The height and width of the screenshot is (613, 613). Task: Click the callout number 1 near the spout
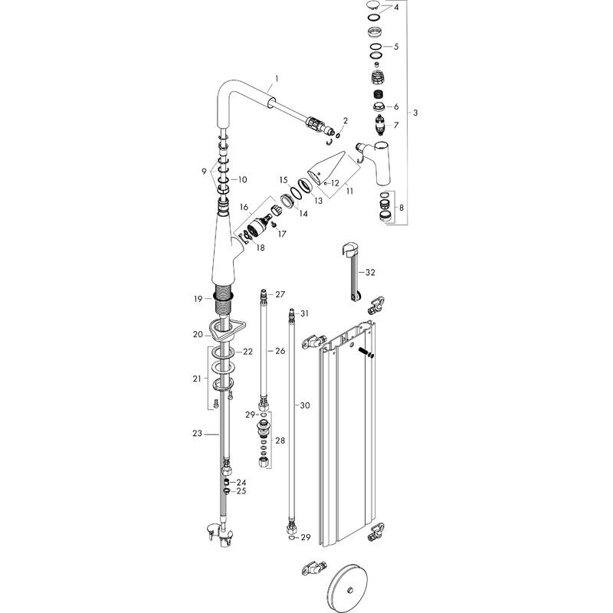tap(277, 79)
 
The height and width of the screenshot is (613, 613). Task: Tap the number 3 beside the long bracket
tap(415, 113)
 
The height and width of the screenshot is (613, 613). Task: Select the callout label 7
tap(396, 125)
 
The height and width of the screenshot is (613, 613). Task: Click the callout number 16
tap(244, 208)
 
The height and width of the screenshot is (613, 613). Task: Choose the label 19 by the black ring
tap(198, 297)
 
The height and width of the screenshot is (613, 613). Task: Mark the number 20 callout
tap(197, 334)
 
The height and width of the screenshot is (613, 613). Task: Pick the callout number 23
tap(197, 433)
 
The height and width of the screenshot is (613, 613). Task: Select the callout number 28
tap(280, 441)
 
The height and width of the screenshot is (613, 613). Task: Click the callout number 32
tap(371, 272)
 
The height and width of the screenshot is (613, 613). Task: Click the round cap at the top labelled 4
tap(373, 8)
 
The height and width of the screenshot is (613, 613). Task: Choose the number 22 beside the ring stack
tap(247, 352)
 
